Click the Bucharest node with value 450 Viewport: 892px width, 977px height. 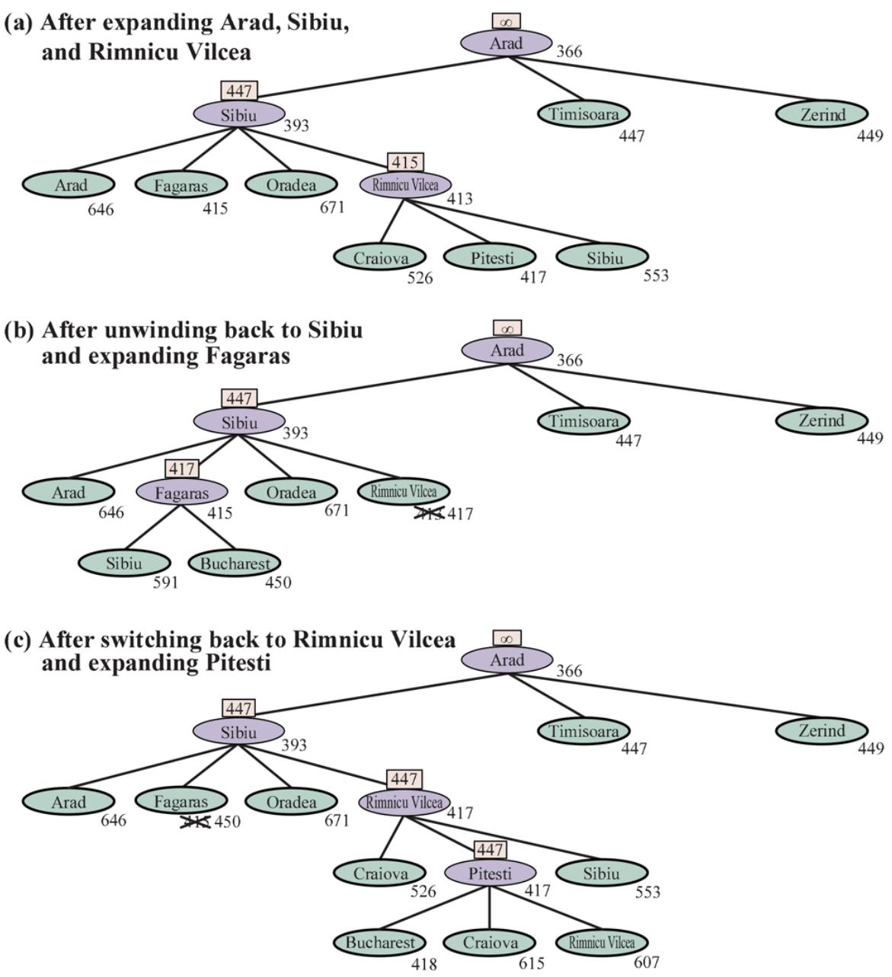click(235, 564)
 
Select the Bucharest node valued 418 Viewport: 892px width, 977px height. click(379, 943)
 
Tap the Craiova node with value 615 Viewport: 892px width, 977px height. click(490, 943)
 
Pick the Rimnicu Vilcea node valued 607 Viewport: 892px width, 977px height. click(602, 943)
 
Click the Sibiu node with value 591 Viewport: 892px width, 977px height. click(124, 564)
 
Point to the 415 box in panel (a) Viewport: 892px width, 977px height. click(405, 162)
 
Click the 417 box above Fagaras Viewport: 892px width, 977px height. click(181, 469)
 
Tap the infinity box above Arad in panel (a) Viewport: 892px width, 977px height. click(507, 21)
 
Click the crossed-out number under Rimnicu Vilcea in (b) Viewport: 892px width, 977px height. click(429, 514)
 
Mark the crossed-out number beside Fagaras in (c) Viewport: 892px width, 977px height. click(195, 822)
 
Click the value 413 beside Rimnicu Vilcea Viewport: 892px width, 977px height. click(459, 199)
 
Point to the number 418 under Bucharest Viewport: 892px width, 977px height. click(424, 964)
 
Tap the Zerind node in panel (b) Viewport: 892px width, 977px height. click(822, 420)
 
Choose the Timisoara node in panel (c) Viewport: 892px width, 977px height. click(583, 731)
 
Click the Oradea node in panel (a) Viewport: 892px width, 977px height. click(291, 184)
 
